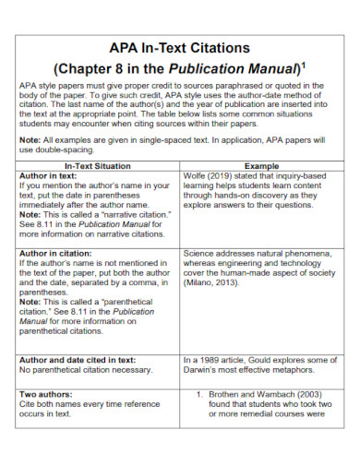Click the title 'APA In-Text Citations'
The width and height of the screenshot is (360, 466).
(x=180, y=46)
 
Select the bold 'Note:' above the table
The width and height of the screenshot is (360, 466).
(x=30, y=140)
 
